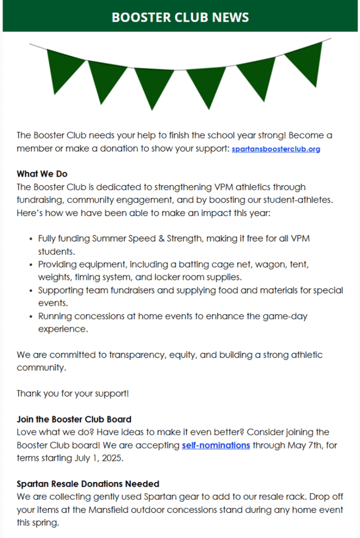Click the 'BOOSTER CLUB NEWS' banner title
[180, 17]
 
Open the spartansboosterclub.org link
[276, 149]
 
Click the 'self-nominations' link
[216, 445]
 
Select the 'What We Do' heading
[42, 174]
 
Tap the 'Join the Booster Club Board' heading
[74, 419]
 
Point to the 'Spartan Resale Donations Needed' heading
[88, 483]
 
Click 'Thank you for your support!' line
[73, 393]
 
